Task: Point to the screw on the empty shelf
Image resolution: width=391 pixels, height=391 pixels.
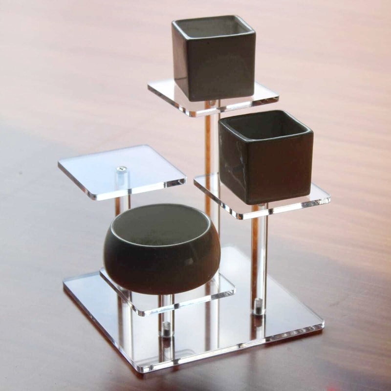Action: point(121,171)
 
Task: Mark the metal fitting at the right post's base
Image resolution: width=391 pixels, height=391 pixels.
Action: point(259,308)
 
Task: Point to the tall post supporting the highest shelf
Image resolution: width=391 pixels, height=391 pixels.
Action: point(212,147)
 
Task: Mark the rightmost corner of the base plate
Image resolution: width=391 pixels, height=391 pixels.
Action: point(323,324)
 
